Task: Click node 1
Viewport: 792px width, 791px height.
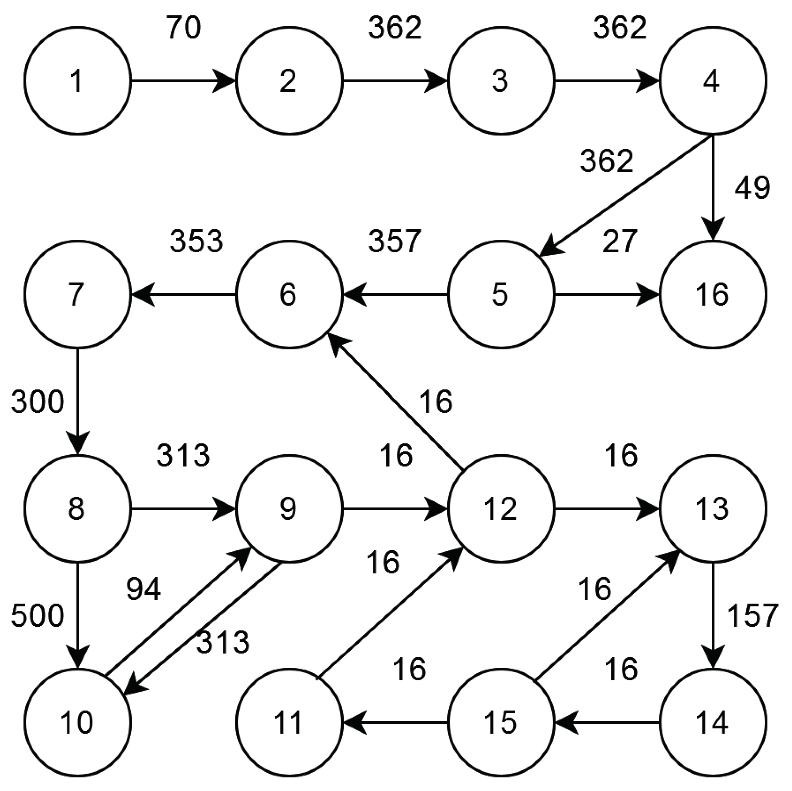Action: [77, 81]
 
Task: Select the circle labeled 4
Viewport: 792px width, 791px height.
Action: [712, 81]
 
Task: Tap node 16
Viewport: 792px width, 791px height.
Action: [712, 294]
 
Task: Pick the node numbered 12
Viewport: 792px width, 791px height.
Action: [501, 509]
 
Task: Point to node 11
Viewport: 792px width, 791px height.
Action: [289, 722]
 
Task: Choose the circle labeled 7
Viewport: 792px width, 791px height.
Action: [77, 294]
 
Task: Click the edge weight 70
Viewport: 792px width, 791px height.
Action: [184, 28]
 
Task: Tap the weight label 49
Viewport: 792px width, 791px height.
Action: [752, 188]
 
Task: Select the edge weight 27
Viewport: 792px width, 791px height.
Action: [619, 241]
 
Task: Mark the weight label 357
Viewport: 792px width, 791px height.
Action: [395, 241]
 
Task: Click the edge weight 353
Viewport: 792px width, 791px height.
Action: [196, 241]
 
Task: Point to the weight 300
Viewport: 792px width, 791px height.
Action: [38, 402]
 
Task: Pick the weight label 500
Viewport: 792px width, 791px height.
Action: [38, 615]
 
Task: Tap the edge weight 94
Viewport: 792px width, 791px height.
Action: [143, 589]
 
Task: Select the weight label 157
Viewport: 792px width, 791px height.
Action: [752, 615]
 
